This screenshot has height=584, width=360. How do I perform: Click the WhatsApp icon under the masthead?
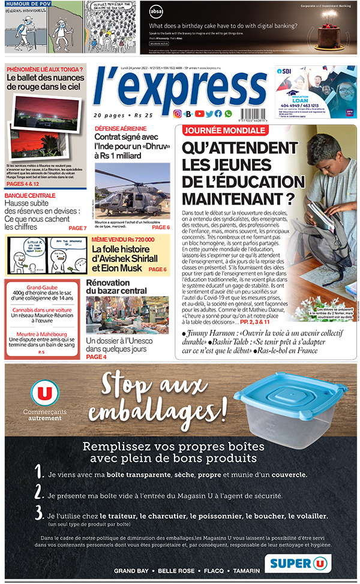(x=227, y=114)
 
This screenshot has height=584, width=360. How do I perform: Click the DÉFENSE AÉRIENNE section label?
(x=120, y=128)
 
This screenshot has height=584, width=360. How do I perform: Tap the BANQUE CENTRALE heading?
(x=30, y=195)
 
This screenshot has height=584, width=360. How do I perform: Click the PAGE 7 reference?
(x=77, y=228)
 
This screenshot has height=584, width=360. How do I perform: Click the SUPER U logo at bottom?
(x=299, y=563)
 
